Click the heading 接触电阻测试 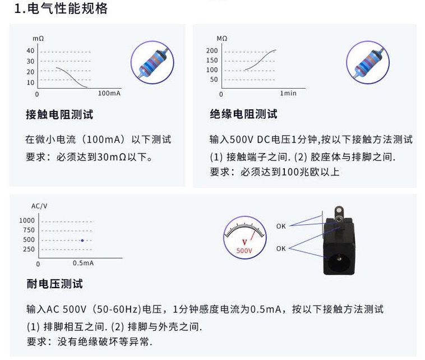(59, 114)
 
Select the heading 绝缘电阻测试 (244, 114)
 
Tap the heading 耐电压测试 (54, 284)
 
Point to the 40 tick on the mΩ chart (30, 51)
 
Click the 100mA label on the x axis (109, 93)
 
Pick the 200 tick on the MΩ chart (212, 51)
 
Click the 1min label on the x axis (288, 93)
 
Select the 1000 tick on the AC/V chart (27, 220)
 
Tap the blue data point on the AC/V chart (82, 240)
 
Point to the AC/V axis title (39, 206)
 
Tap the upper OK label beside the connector (281, 226)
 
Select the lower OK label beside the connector (281, 248)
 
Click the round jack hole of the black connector (339, 261)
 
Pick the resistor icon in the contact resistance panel (153, 61)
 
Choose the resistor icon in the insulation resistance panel (368, 61)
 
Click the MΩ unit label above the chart (222, 38)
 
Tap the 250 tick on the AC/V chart (29, 250)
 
